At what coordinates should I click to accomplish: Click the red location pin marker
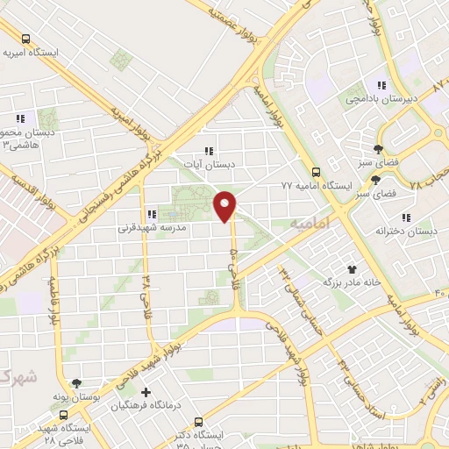225,206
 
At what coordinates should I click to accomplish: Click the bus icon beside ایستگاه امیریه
25,39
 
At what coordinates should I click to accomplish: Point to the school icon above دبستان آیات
209,151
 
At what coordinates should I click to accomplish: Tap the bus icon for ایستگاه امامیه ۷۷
317,173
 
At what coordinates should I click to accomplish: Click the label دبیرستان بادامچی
381,99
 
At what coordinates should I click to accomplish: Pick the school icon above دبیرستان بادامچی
381,86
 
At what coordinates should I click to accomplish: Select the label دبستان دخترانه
405,231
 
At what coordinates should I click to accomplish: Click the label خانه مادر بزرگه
353,282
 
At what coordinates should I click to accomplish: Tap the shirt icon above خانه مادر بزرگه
353,269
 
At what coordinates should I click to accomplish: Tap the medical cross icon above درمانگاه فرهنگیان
146,392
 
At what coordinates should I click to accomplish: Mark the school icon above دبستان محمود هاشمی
19,119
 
